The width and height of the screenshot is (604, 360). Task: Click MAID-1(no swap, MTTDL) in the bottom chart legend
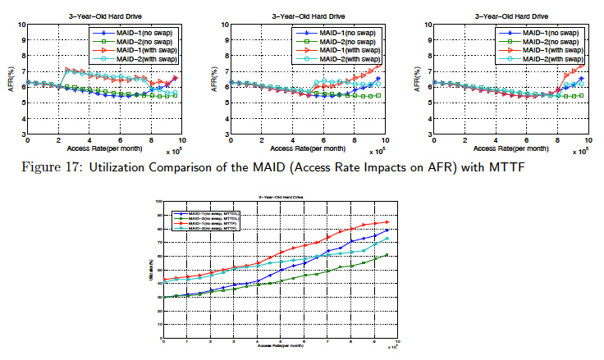coord(203,212)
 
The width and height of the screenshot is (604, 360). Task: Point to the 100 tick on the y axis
coord(158,201)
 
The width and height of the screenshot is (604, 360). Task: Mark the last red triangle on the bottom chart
coord(388,221)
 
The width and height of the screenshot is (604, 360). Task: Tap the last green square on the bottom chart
coord(388,255)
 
